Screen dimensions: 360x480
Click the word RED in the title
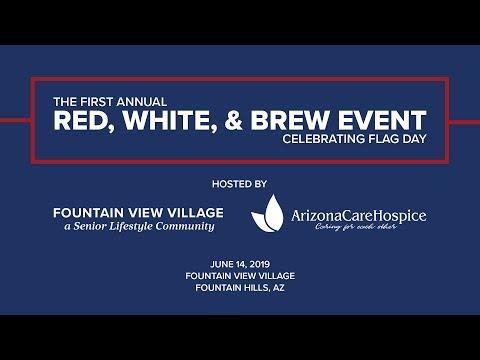pyautogui.click(x=83, y=122)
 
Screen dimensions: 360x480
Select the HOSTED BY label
pyautogui.click(x=240, y=184)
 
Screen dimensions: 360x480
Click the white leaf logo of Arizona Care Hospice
pyautogui.click(x=268, y=212)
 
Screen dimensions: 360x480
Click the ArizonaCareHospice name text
pyautogui.click(x=358, y=215)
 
